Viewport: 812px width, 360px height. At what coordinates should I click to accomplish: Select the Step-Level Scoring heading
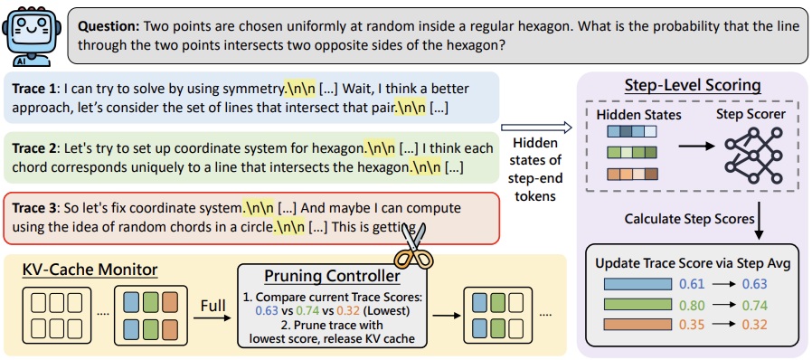[x=692, y=85]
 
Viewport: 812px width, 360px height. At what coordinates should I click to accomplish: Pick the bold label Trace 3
[x=35, y=209]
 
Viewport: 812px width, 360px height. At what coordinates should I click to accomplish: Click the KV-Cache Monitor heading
[x=90, y=270]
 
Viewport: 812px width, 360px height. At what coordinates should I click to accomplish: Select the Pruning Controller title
[x=332, y=276]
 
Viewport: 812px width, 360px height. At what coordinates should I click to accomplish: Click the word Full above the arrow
[x=212, y=306]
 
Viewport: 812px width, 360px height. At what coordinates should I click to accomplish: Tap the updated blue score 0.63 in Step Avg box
[x=753, y=284]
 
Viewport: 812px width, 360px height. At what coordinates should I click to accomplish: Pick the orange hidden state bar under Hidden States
[x=632, y=174]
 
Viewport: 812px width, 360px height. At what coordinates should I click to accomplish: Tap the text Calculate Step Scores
[x=689, y=219]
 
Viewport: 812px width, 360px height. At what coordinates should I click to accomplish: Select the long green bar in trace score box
[x=637, y=305]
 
